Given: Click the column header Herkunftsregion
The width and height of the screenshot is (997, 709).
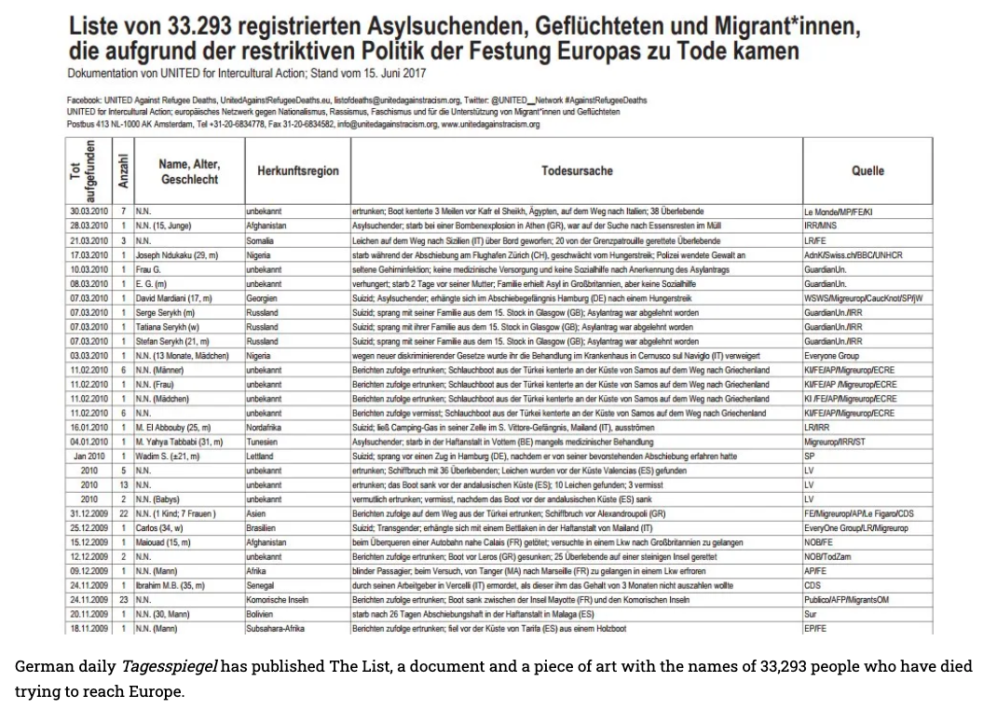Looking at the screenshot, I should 297,171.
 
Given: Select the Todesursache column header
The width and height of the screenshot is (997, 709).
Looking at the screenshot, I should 577,171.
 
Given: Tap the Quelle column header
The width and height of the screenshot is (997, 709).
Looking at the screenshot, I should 867,171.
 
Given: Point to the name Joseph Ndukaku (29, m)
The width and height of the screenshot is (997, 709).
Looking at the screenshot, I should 177,254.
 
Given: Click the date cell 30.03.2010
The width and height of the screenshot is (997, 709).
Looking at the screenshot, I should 89,211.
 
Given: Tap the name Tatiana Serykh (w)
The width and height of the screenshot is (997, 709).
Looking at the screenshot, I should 168,327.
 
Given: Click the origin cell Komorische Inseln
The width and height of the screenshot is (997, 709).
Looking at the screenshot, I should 277,600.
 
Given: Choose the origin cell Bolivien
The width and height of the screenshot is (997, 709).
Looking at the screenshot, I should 260,614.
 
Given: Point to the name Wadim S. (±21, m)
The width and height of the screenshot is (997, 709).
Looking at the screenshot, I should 169,457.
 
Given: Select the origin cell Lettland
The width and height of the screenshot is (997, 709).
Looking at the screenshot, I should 260,457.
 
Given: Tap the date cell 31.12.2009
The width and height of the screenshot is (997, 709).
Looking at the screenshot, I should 89,513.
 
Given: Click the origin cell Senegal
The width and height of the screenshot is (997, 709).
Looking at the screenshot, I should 261,585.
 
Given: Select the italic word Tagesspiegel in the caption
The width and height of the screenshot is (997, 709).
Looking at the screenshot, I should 169,667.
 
